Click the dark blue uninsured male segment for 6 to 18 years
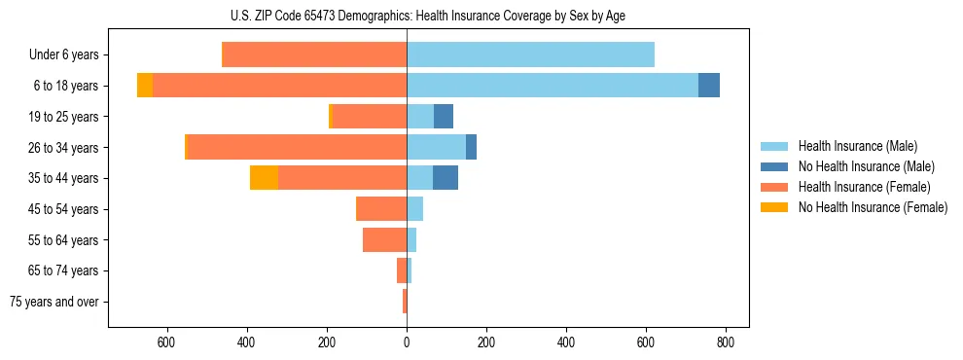click(709, 86)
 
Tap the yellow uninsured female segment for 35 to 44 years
click(264, 178)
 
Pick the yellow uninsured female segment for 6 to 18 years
click(145, 86)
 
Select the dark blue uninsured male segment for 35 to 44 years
click(446, 178)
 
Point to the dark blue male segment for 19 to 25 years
click(444, 117)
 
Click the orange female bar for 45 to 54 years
click(381, 209)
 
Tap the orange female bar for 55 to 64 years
click(384, 239)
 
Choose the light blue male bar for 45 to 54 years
click(415, 209)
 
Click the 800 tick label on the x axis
click(726, 342)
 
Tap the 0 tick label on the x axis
click(407, 342)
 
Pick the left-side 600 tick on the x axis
click(165, 342)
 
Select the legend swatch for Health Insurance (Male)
click(774, 146)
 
